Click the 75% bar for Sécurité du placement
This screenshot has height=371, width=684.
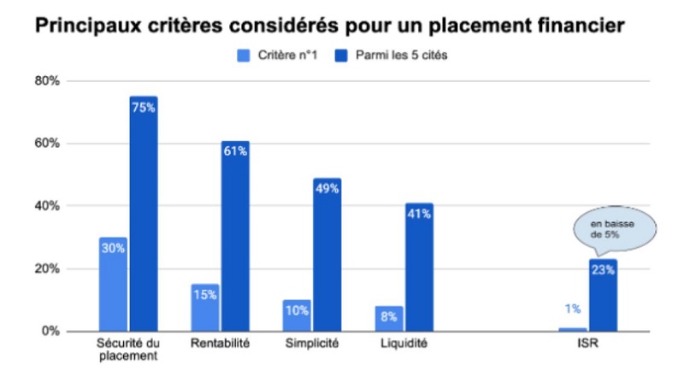[x=144, y=214]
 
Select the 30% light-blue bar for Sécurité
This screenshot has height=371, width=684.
[x=113, y=284]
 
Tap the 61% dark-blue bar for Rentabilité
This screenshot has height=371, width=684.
[x=235, y=236]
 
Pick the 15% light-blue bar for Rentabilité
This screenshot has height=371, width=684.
[x=204, y=308]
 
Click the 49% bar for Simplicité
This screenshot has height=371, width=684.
[x=327, y=255]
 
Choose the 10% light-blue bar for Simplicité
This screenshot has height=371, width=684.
[x=296, y=315]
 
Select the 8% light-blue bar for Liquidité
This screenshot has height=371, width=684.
[x=388, y=318]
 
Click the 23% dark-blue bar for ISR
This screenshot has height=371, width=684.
[x=602, y=295]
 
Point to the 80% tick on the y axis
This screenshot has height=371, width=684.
[x=46, y=81]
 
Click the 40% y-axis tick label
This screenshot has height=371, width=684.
[x=46, y=206]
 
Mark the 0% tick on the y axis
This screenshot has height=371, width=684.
[x=50, y=331]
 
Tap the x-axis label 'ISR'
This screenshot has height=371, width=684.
[x=587, y=344]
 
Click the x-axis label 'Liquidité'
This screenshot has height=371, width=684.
[x=404, y=344]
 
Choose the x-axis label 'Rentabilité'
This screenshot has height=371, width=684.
[x=220, y=344]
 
